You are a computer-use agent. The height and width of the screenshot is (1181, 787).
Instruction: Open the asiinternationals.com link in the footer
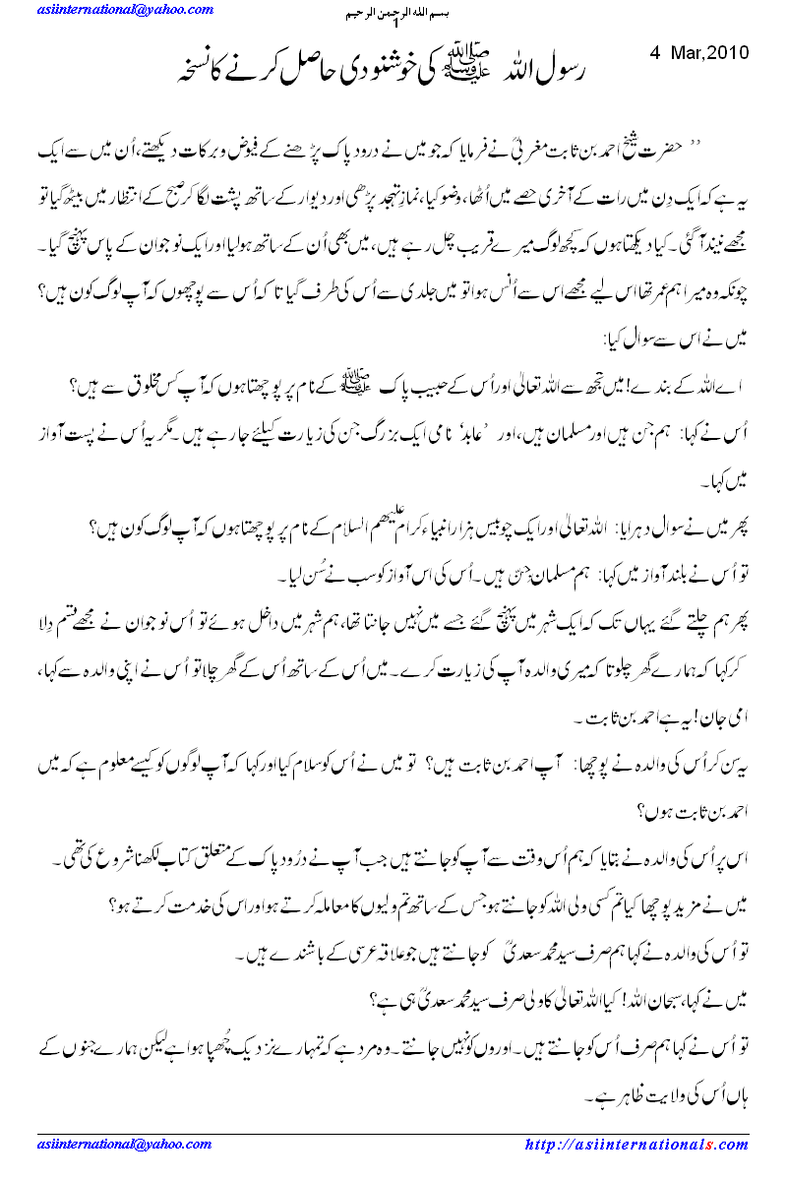point(636,1145)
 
